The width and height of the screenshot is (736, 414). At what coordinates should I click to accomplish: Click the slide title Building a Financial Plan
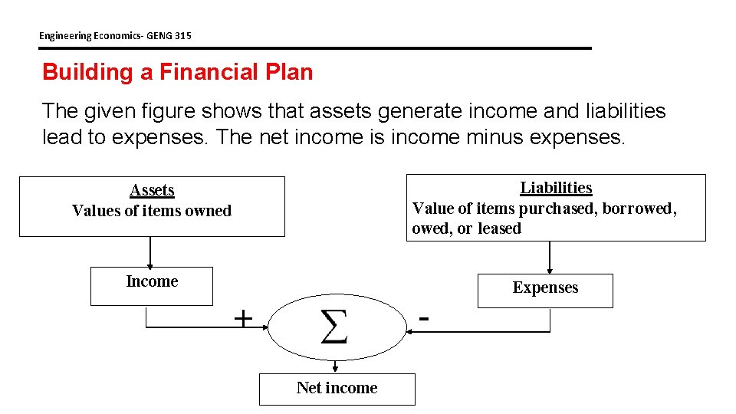177,72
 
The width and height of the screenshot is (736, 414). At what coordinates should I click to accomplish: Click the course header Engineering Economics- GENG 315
115,35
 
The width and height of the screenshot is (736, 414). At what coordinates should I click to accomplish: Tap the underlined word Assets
152,190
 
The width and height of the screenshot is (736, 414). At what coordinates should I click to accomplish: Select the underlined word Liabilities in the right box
556,188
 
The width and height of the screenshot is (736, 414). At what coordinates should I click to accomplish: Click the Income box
151,285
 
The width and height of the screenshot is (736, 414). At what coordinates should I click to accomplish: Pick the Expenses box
545,290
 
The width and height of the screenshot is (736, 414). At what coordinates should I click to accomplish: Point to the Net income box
337,389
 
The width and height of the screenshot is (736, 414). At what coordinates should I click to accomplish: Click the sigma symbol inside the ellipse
333,327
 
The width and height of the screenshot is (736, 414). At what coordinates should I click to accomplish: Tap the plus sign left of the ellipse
242,318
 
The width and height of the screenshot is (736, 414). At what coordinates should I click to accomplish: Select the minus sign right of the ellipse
424,316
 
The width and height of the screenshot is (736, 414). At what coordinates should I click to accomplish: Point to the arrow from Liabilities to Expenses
550,258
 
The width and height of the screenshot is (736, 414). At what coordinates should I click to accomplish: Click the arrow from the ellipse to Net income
335,366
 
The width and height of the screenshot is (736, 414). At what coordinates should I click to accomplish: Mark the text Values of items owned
152,211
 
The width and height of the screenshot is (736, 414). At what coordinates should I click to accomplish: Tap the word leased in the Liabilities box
499,228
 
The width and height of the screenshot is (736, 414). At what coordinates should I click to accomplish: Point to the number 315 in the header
182,35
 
